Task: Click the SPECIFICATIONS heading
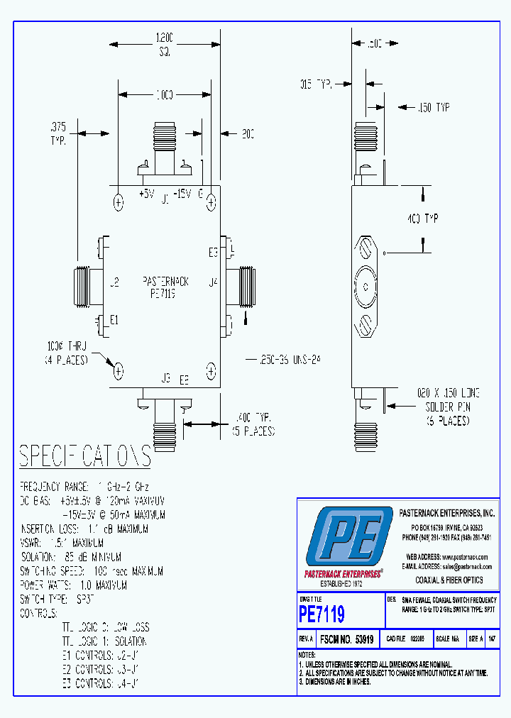pos(84,457)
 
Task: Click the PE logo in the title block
pos(348,537)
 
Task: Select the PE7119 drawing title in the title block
pos(322,612)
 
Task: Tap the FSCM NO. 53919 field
pos(346,639)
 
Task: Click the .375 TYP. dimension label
pos(59,133)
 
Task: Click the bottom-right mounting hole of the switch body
pos(211,370)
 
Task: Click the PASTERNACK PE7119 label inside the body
pos(165,287)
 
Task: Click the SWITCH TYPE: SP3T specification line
pos(57,599)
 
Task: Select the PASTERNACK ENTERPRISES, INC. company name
pos(446,512)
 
